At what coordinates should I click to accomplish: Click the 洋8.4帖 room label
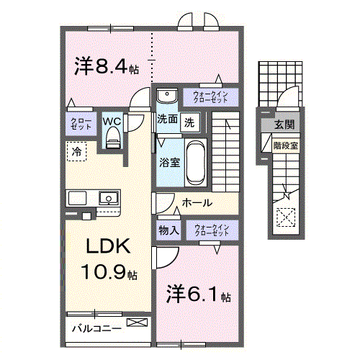[106, 66]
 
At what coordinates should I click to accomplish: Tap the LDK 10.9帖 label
[109, 258]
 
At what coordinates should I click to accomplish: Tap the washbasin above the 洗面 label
[166, 96]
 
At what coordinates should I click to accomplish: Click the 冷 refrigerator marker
[76, 150]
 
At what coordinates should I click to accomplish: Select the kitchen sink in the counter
[108, 197]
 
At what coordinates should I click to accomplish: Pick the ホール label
[196, 203]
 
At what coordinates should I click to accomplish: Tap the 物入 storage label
[168, 230]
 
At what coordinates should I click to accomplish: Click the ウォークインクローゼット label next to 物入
[212, 230]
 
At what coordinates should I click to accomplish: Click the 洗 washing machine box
[189, 122]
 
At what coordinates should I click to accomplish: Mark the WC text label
[112, 121]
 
